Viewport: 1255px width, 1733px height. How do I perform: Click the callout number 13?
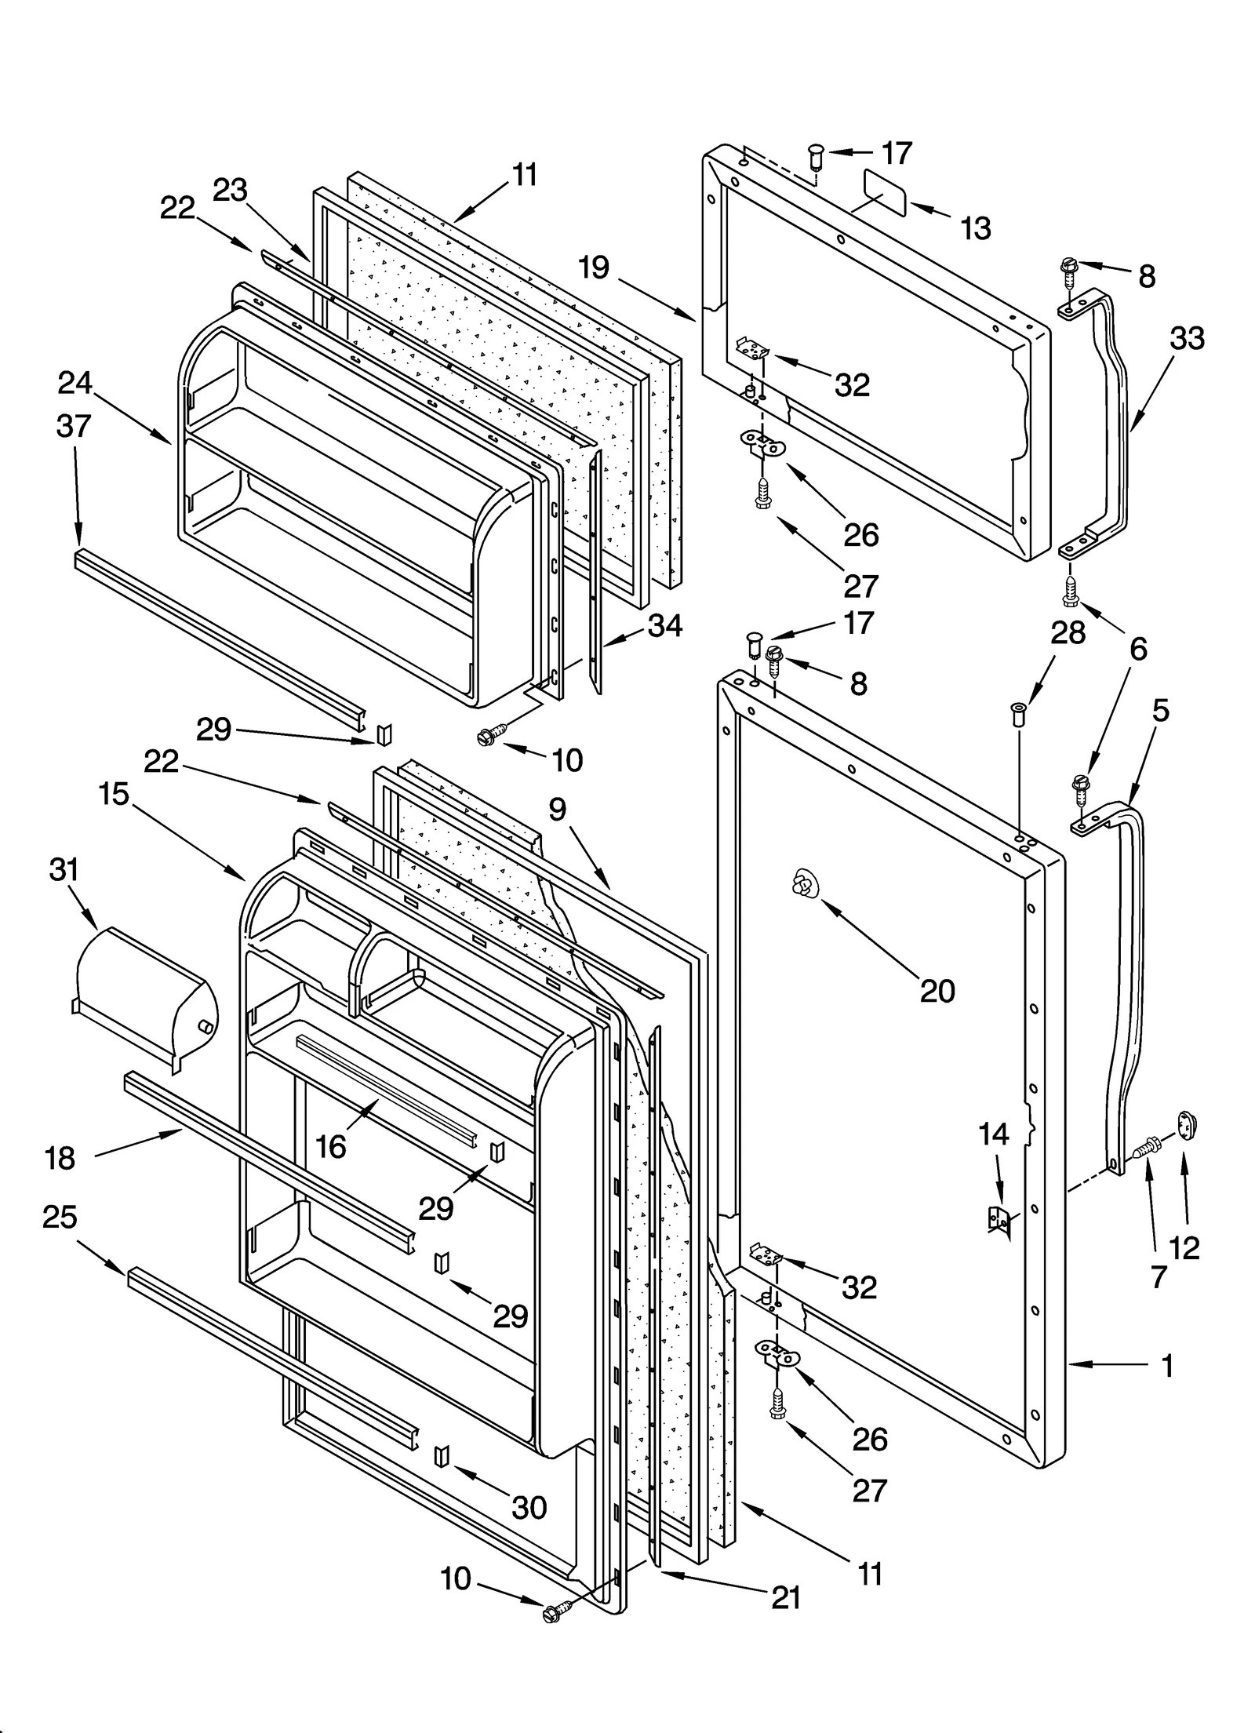point(975,228)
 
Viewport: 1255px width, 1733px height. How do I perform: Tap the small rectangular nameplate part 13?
point(884,192)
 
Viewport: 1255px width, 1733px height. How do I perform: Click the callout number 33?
point(1187,339)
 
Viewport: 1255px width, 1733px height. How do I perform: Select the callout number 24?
point(75,384)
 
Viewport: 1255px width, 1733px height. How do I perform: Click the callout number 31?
point(64,870)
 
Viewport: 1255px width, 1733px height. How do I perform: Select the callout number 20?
point(937,991)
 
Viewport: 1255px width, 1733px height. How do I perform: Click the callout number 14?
point(993,1134)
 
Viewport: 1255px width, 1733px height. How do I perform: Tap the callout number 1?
point(1167,1366)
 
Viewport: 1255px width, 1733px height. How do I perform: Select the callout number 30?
point(529,1507)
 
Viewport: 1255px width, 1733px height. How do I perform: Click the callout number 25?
point(60,1217)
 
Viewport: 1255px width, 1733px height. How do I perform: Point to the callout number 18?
point(60,1158)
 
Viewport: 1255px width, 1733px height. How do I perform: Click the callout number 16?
point(331,1146)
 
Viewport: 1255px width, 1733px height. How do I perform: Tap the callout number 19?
point(594,268)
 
